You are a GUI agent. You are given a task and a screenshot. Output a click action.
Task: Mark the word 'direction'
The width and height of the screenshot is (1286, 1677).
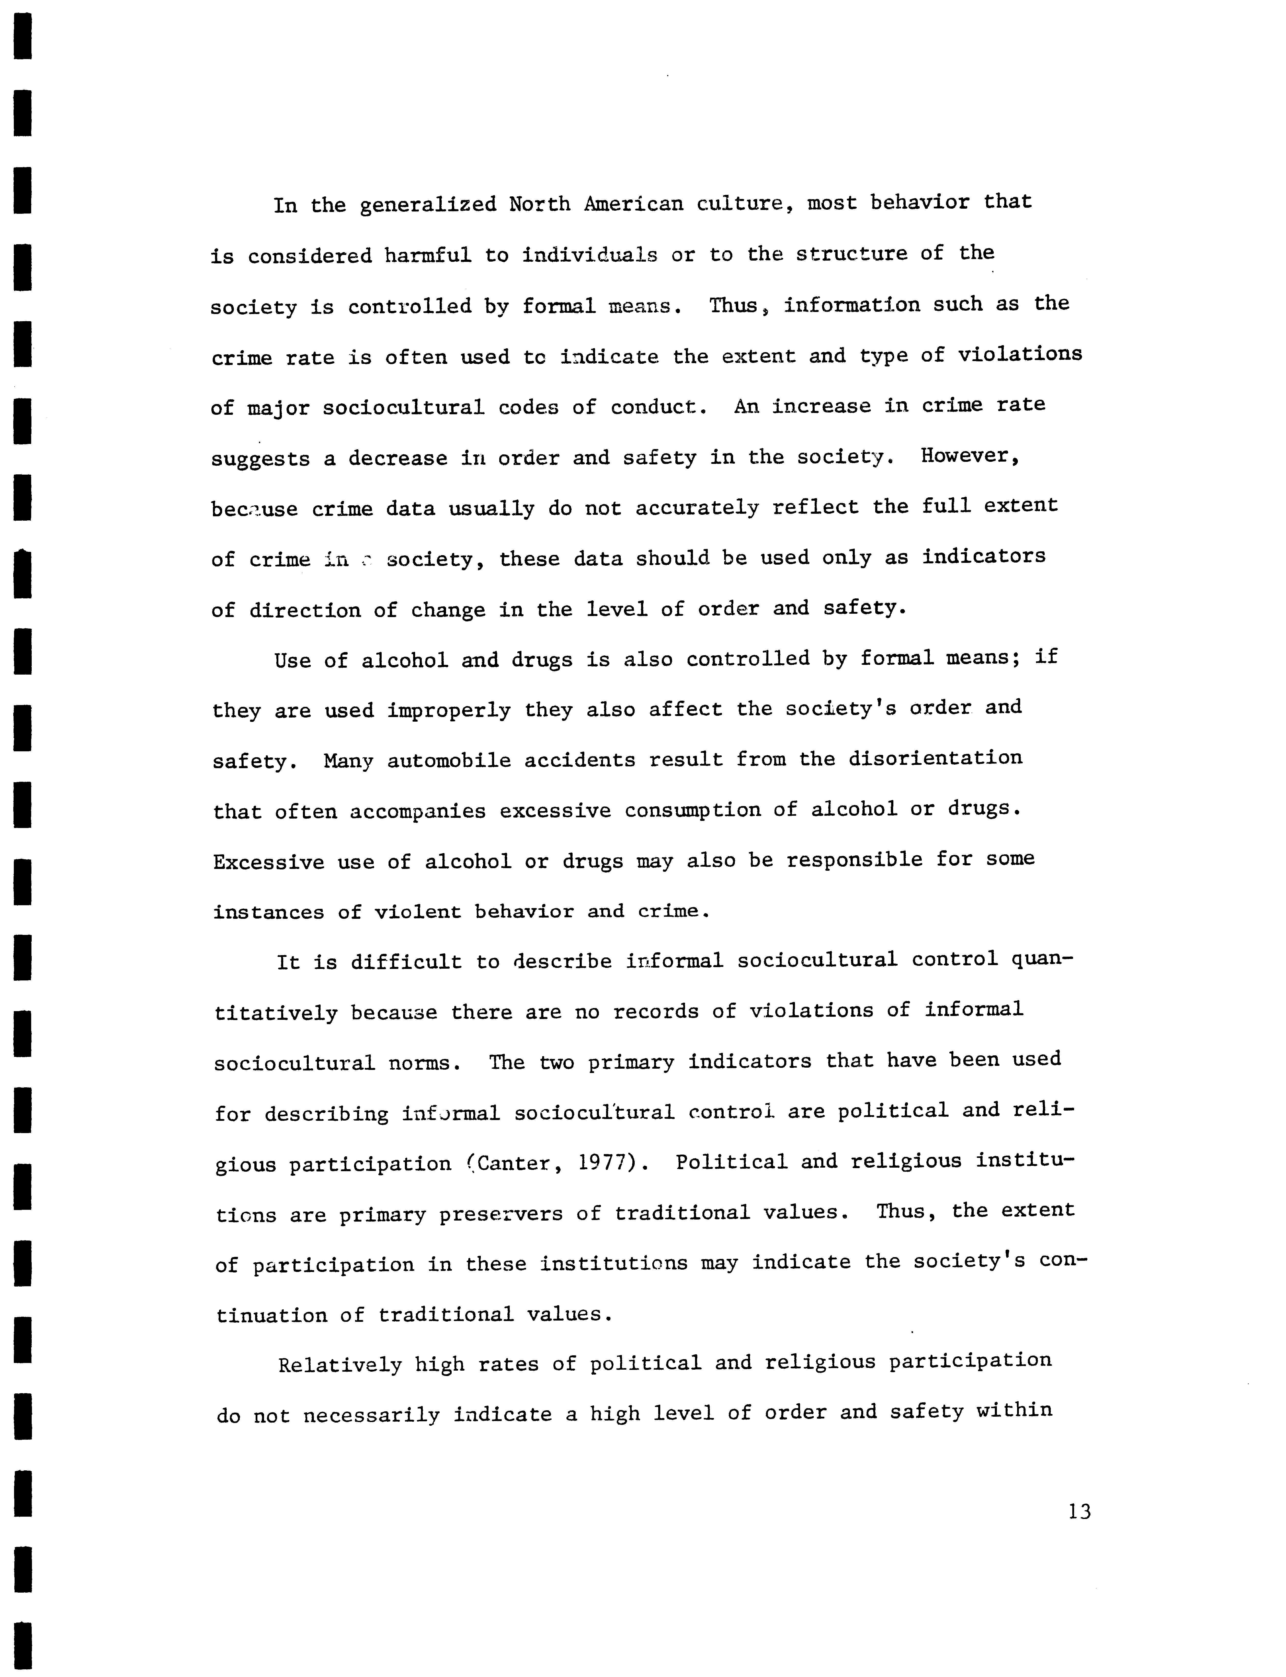tap(305, 610)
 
